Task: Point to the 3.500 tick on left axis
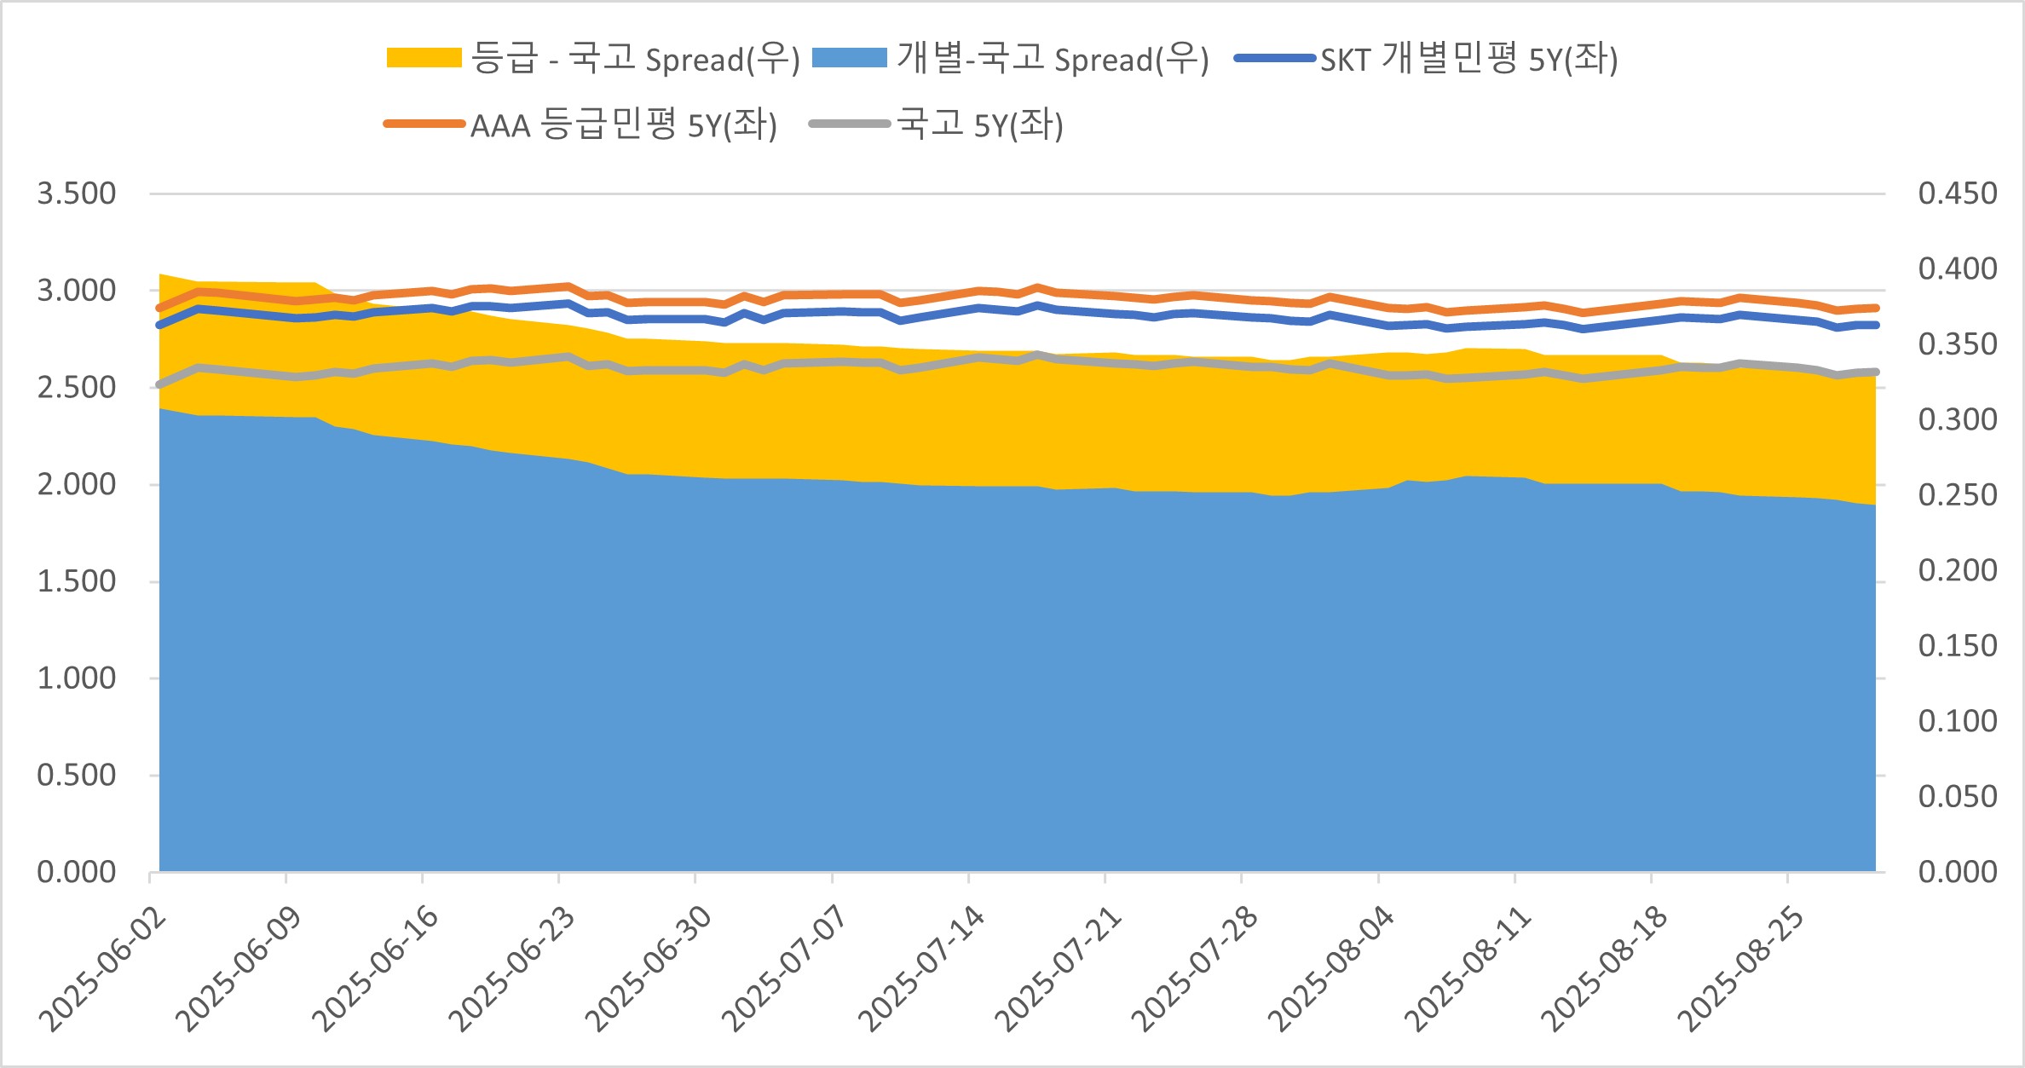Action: point(76,193)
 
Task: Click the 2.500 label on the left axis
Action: point(76,387)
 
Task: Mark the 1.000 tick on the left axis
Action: point(76,678)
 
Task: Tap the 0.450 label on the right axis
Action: point(1957,193)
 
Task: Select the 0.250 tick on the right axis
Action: point(1957,494)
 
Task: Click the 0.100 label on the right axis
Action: point(1957,721)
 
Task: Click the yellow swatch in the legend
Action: point(424,58)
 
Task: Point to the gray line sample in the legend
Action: point(849,124)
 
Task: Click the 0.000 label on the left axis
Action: point(76,872)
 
